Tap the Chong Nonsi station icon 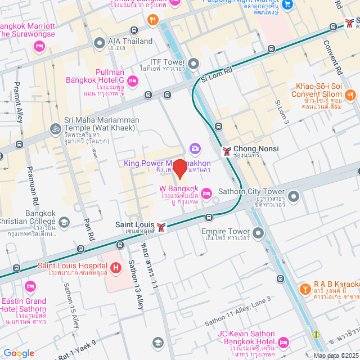[x=226, y=150]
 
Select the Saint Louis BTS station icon [x=162, y=227]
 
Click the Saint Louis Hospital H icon [x=115, y=267]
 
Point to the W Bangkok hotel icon [x=206, y=193]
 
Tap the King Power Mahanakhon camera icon [x=195, y=148]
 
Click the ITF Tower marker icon [x=194, y=62]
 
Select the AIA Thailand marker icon [x=100, y=42]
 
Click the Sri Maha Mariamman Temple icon [x=55, y=128]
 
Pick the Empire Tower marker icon [x=258, y=232]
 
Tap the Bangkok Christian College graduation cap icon [x=64, y=223]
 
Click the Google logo [x=19, y=353]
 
